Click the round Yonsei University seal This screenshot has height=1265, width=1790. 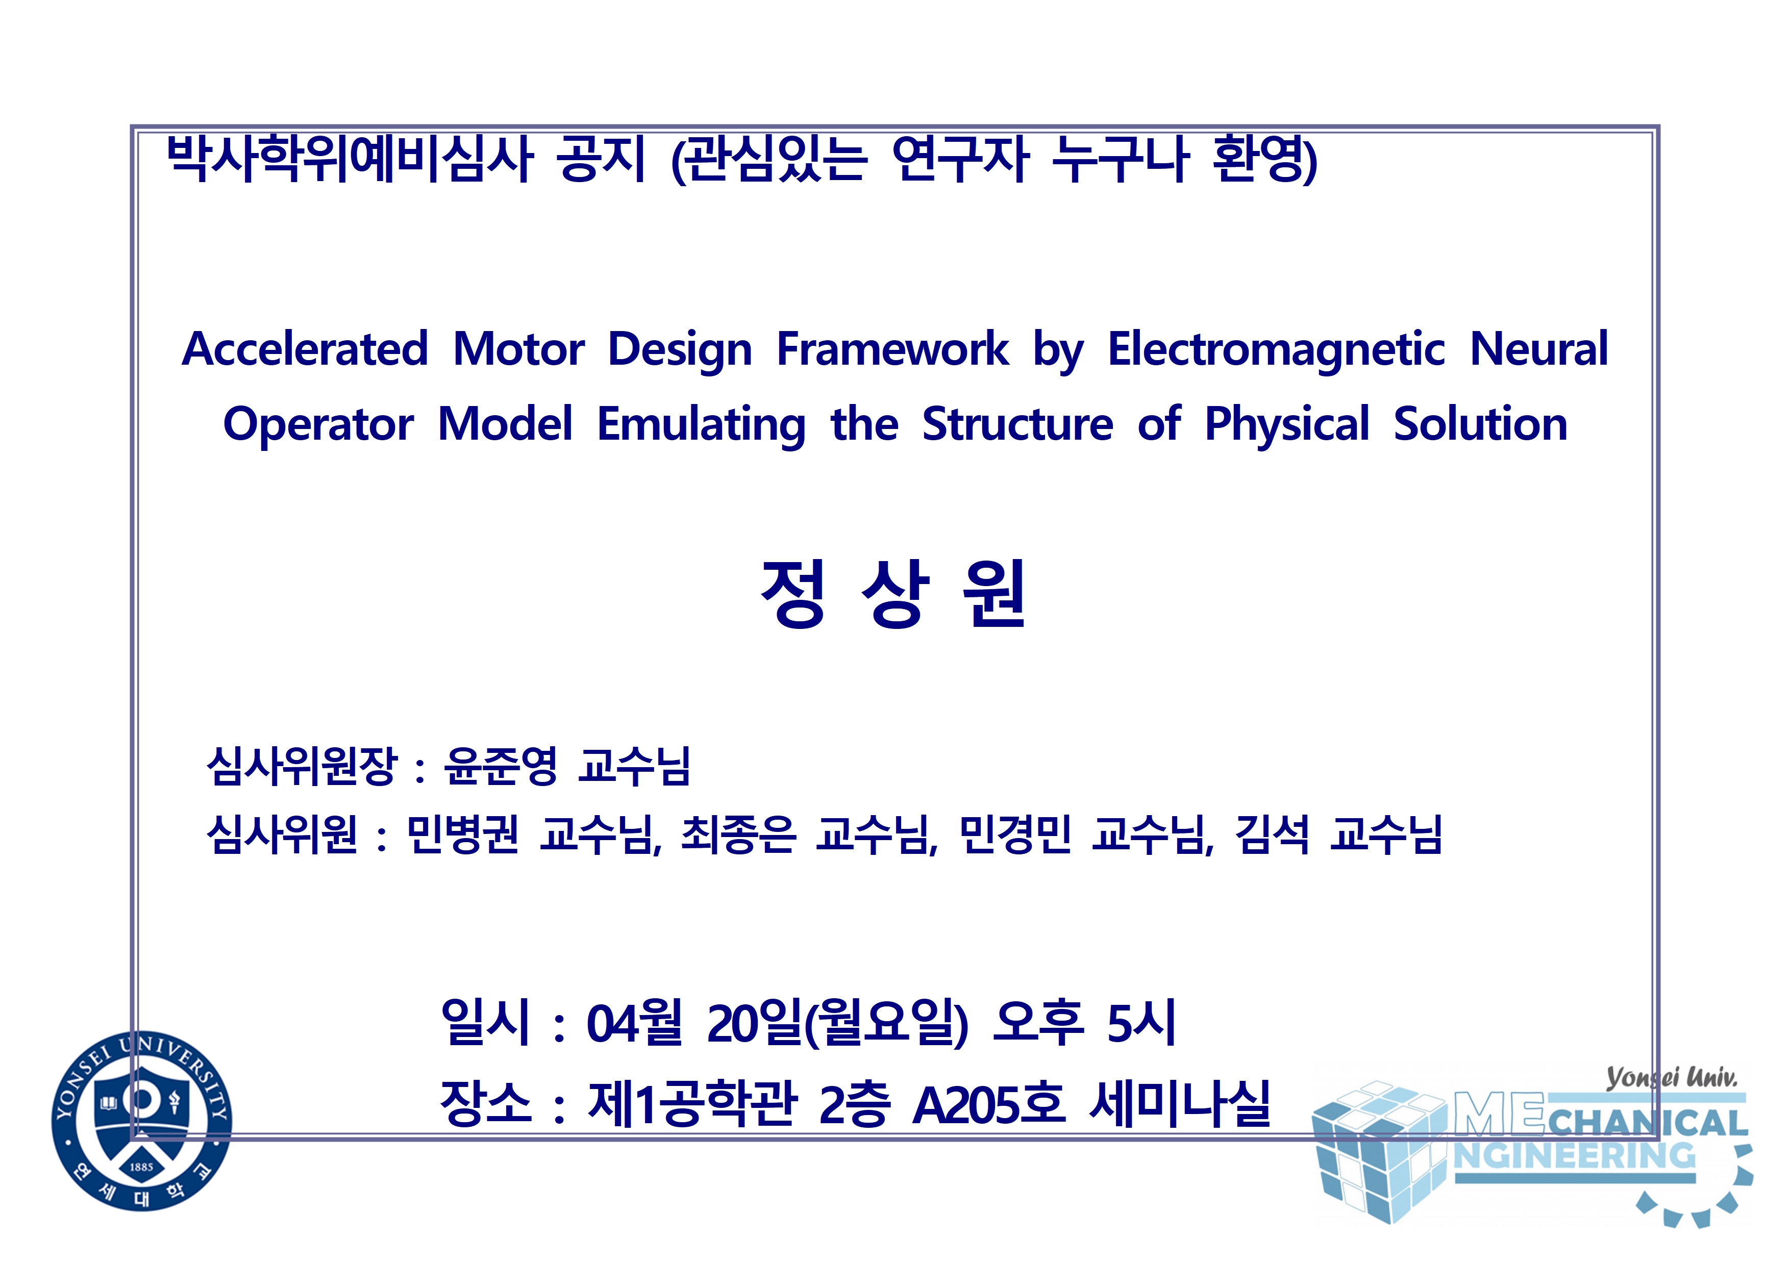pyautogui.click(x=141, y=1121)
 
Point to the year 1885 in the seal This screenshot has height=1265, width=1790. pyautogui.click(x=141, y=1167)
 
